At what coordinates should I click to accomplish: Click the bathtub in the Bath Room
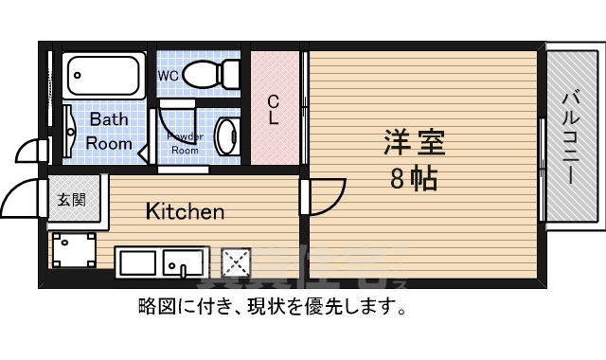pos(102,74)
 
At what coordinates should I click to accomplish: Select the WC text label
pos(168,75)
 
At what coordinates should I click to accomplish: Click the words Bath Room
pos(110,132)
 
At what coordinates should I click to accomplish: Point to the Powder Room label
pos(185,143)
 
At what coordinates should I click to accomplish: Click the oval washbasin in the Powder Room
pos(227,137)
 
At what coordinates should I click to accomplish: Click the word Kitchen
pos(185,210)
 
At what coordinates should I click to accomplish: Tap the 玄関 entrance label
pos(70,200)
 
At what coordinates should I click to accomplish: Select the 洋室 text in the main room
pos(414,144)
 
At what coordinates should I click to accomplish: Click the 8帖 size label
pos(414,177)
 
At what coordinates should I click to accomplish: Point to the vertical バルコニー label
pos(571,136)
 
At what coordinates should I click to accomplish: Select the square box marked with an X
pos(234,261)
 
